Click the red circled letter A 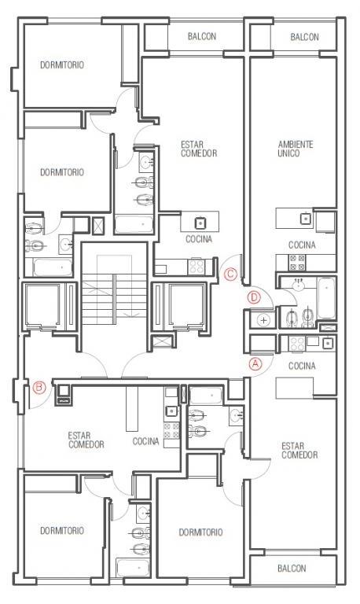(x=255, y=363)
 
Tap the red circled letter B (x=39, y=387)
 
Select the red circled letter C (x=230, y=274)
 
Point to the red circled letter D (x=255, y=298)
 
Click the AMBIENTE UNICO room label (x=296, y=149)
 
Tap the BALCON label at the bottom (x=292, y=568)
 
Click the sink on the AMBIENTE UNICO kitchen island (x=306, y=219)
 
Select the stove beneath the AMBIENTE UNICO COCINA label (x=297, y=262)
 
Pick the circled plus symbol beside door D (x=263, y=320)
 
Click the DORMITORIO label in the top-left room (x=62, y=64)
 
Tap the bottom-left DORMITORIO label (x=62, y=531)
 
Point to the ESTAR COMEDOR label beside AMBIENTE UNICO (x=299, y=451)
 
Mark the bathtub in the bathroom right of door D (x=326, y=298)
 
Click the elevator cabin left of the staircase (x=42, y=304)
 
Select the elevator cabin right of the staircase (x=186, y=304)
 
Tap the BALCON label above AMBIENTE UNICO (x=304, y=37)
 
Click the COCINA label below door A (x=302, y=366)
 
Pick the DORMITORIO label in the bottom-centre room (x=200, y=532)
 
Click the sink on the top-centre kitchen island (x=200, y=223)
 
